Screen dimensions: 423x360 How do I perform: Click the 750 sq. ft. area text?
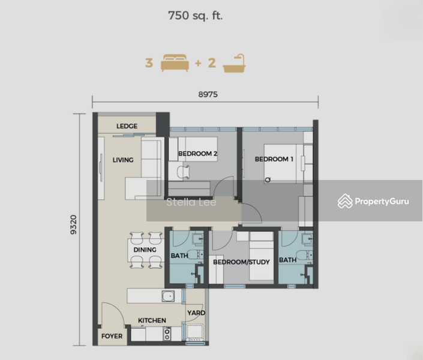click(x=196, y=16)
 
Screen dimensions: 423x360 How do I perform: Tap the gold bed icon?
click(x=175, y=63)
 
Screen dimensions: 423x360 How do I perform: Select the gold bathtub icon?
click(x=234, y=64)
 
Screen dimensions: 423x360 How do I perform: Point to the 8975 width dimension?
click(x=208, y=94)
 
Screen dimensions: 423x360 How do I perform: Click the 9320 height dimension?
click(x=73, y=224)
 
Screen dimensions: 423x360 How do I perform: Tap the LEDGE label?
click(x=127, y=126)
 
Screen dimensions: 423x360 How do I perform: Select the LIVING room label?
click(x=123, y=160)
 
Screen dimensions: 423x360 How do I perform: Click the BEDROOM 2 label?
click(x=198, y=154)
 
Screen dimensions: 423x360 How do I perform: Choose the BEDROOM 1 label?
click(x=274, y=159)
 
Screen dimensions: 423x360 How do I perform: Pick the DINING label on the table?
click(x=145, y=250)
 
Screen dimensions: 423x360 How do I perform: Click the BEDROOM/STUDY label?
click(x=241, y=262)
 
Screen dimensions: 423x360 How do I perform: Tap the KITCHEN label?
click(x=152, y=320)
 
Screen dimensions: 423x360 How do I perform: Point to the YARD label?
click(x=196, y=313)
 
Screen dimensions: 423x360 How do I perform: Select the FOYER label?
click(x=112, y=336)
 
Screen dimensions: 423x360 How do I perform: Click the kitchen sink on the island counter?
click(x=168, y=296)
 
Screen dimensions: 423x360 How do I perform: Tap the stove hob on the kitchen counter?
click(x=167, y=334)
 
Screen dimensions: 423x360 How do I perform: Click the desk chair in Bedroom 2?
click(x=184, y=172)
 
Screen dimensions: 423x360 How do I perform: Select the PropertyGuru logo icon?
click(x=345, y=201)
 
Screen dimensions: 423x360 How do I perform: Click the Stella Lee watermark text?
click(x=191, y=202)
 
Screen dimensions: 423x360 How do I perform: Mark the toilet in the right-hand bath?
click(x=304, y=255)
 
